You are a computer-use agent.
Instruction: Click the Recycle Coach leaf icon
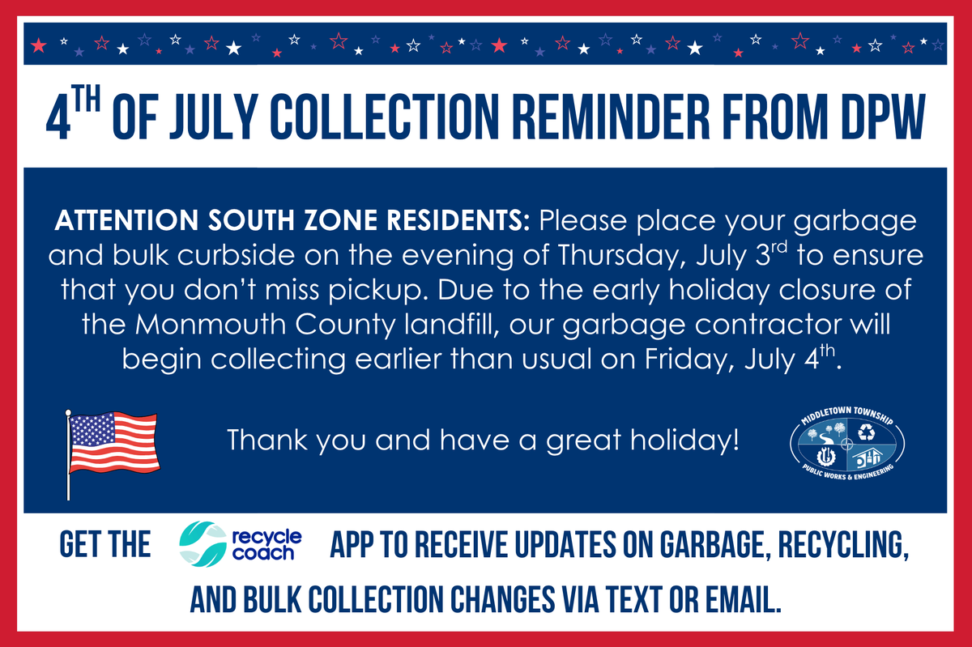pyautogui.click(x=199, y=543)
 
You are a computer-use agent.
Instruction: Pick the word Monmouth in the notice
pyautogui.click(x=194, y=324)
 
